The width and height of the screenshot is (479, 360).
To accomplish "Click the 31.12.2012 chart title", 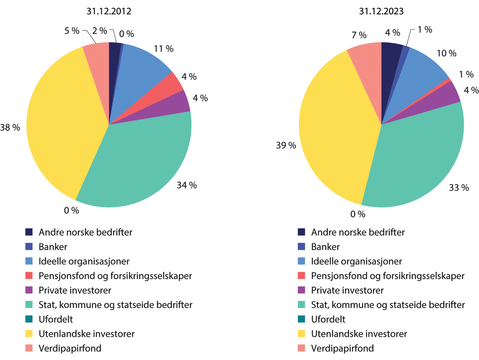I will [x=109, y=12].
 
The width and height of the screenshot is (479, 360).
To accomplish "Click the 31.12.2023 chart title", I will [x=382, y=12].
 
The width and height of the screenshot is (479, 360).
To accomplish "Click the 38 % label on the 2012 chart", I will [x=10, y=127].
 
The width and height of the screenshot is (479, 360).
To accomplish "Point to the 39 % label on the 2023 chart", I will [x=286, y=146].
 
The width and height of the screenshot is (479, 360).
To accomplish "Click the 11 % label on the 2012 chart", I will [x=164, y=49].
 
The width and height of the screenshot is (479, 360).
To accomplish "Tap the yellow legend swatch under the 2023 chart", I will [x=302, y=334].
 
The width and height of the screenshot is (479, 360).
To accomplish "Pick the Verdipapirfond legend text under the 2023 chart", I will [x=342, y=348].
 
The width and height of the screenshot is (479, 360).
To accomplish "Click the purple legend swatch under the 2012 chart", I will [x=29, y=290].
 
